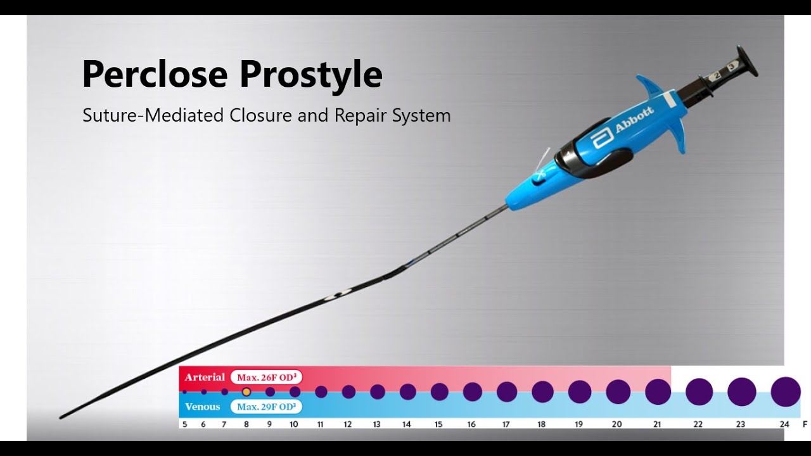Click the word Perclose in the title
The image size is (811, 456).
pyautogui.click(x=155, y=74)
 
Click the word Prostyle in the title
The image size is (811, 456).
pyautogui.click(x=310, y=75)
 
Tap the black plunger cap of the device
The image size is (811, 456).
pyautogui.click(x=748, y=62)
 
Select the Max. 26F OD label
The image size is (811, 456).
pyautogui.click(x=267, y=377)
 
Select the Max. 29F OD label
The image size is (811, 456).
pyautogui.click(x=267, y=407)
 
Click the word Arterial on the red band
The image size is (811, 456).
pyautogui.click(x=205, y=377)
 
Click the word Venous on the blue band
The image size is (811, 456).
pyautogui.click(x=202, y=407)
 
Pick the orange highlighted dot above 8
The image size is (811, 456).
pyautogui.click(x=246, y=392)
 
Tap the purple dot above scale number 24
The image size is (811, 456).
pyautogui.click(x=786, y=391)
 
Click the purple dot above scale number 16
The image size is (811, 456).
pyautogui.click(x=473, y=392)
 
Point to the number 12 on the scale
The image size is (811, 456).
pyautogui.click(x=348, y=424)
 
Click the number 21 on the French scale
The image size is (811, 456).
pyautogui.click(x=657, y=424)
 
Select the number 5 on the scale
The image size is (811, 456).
pyautogui.click(x=185, y=424)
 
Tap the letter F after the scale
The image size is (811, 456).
pyautogui.click(x=805, y=424)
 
